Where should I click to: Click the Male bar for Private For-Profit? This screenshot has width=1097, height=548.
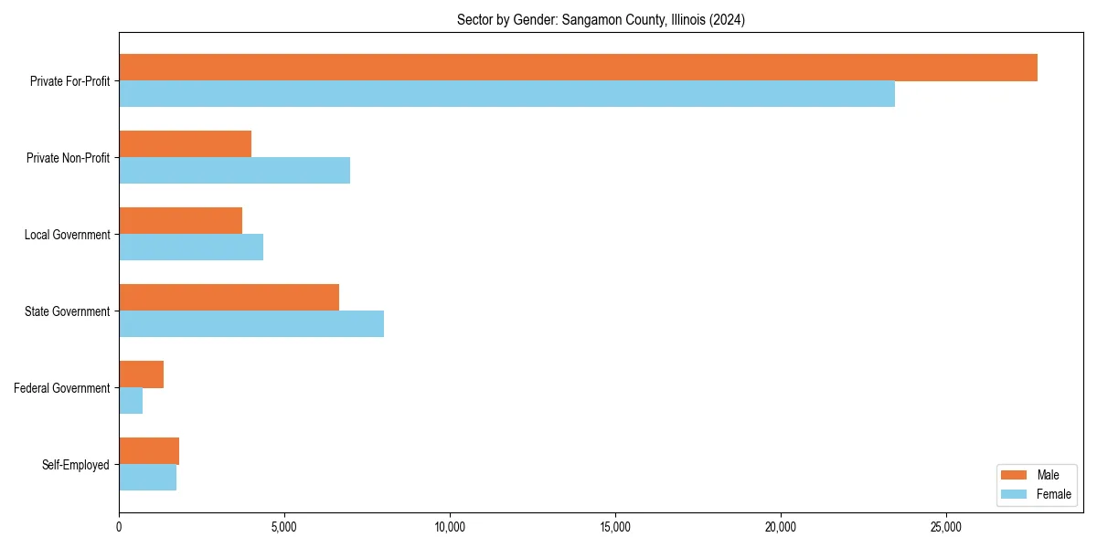(578, 68)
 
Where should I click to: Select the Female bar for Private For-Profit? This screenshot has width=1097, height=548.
(506, 94)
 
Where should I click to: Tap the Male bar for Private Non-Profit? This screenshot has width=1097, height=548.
(185, 144)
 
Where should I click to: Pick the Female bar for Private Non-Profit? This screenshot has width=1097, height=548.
(234, 171)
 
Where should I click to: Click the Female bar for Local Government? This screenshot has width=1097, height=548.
(191, 248)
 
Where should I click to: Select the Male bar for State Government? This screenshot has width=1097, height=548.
(229, 298)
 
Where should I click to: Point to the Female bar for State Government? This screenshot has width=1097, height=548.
(251, 324)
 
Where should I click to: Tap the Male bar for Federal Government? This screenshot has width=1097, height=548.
(141, 374)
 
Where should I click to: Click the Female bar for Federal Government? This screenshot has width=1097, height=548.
(131, 401)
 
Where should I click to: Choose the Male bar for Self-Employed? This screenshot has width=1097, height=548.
(149, 451)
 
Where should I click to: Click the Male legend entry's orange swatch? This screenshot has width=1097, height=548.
(1015, 475)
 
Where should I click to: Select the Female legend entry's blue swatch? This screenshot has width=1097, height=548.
(1015, 494)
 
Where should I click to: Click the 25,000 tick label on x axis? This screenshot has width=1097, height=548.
(946, 527)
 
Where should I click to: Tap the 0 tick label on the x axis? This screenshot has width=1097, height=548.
(119, 527)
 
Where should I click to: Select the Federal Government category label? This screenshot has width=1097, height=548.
(62, 388)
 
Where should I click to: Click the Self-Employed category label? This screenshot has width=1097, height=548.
(76, 465)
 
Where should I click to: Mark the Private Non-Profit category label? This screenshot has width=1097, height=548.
(69, 158)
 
